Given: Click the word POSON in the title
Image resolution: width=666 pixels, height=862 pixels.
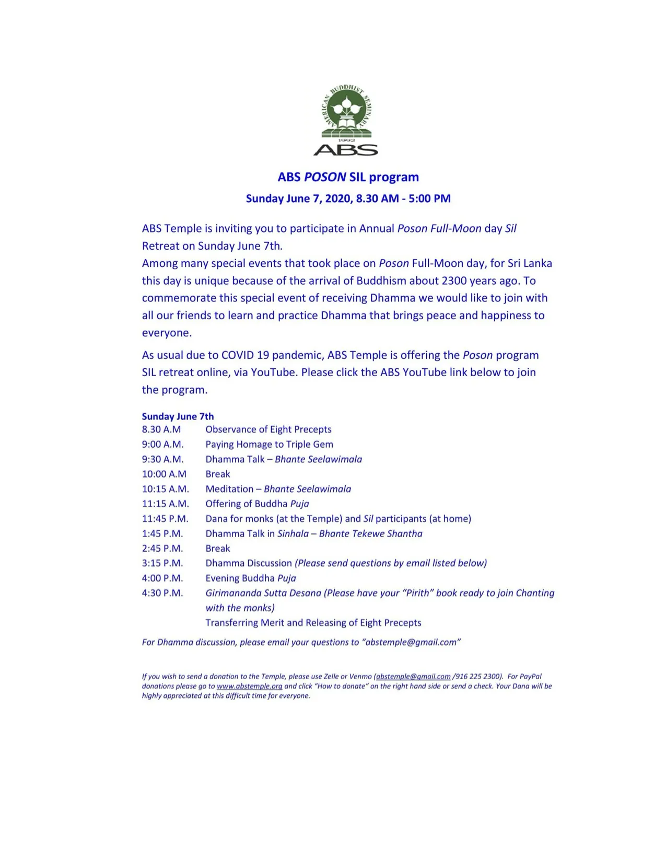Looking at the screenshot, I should click(x=325, y=177).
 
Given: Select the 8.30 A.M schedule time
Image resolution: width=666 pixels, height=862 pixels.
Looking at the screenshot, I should click(x=161, y=429).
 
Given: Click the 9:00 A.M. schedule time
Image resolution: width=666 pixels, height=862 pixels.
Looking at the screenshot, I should click(x=163, y=445).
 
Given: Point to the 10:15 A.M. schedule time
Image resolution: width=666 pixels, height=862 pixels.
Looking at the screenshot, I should click(x=166, y=489).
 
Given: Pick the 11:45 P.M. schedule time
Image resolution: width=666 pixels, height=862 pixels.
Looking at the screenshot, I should click(x=165, y=519).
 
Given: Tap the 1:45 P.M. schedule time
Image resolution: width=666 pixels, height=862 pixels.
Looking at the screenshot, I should click(x=162, y=534).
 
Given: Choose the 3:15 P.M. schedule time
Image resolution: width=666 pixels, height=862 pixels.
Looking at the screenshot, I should click(x=162, y=563).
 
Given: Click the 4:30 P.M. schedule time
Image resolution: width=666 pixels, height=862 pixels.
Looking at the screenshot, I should click(x=162, y=593).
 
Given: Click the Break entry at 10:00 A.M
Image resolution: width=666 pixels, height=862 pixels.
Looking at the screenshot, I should click(x=218, y=474).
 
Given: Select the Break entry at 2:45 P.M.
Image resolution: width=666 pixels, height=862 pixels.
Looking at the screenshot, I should click(x=218, y=549).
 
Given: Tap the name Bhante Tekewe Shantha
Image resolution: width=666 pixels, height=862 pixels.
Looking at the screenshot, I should click(x=370, y=534).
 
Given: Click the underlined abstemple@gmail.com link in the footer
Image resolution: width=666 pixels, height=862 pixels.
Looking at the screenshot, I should click(x=413, y=677).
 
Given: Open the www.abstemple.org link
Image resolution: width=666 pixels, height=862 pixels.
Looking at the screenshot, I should click(x=250, y=686).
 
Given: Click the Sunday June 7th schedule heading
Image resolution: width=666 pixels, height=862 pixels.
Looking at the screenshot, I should click(x=178, y=416).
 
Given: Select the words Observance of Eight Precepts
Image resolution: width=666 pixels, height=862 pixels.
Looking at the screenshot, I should click(x=268, y=429).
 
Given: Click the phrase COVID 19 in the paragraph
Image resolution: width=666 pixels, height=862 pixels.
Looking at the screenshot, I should click(x=245, y=355).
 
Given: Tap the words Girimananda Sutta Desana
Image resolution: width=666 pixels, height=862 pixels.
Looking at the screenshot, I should click(x=263, y=593).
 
